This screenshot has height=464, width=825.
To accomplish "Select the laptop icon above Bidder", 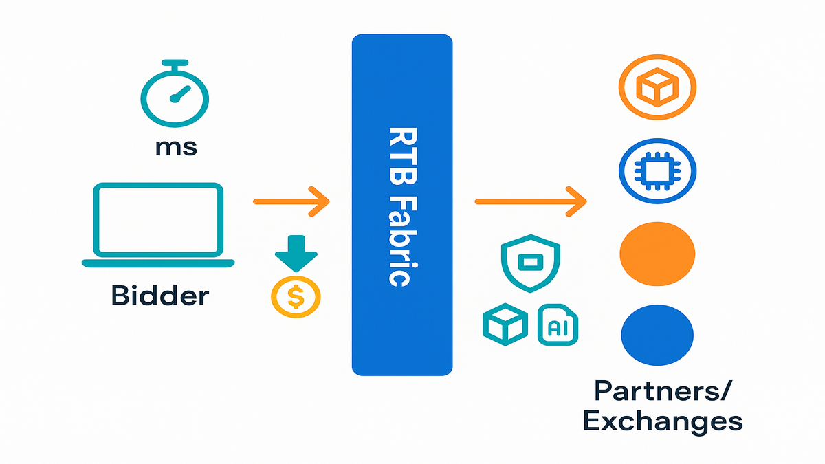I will click(158, 223).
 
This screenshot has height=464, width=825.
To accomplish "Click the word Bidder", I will click(159, 296).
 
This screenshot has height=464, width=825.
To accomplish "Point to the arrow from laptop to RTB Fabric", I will click(291, 201).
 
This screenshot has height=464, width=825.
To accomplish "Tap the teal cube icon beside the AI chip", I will click(505, 324).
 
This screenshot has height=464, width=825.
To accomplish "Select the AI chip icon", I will click(558, 324).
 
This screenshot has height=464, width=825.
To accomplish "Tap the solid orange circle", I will click(658, 252).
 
